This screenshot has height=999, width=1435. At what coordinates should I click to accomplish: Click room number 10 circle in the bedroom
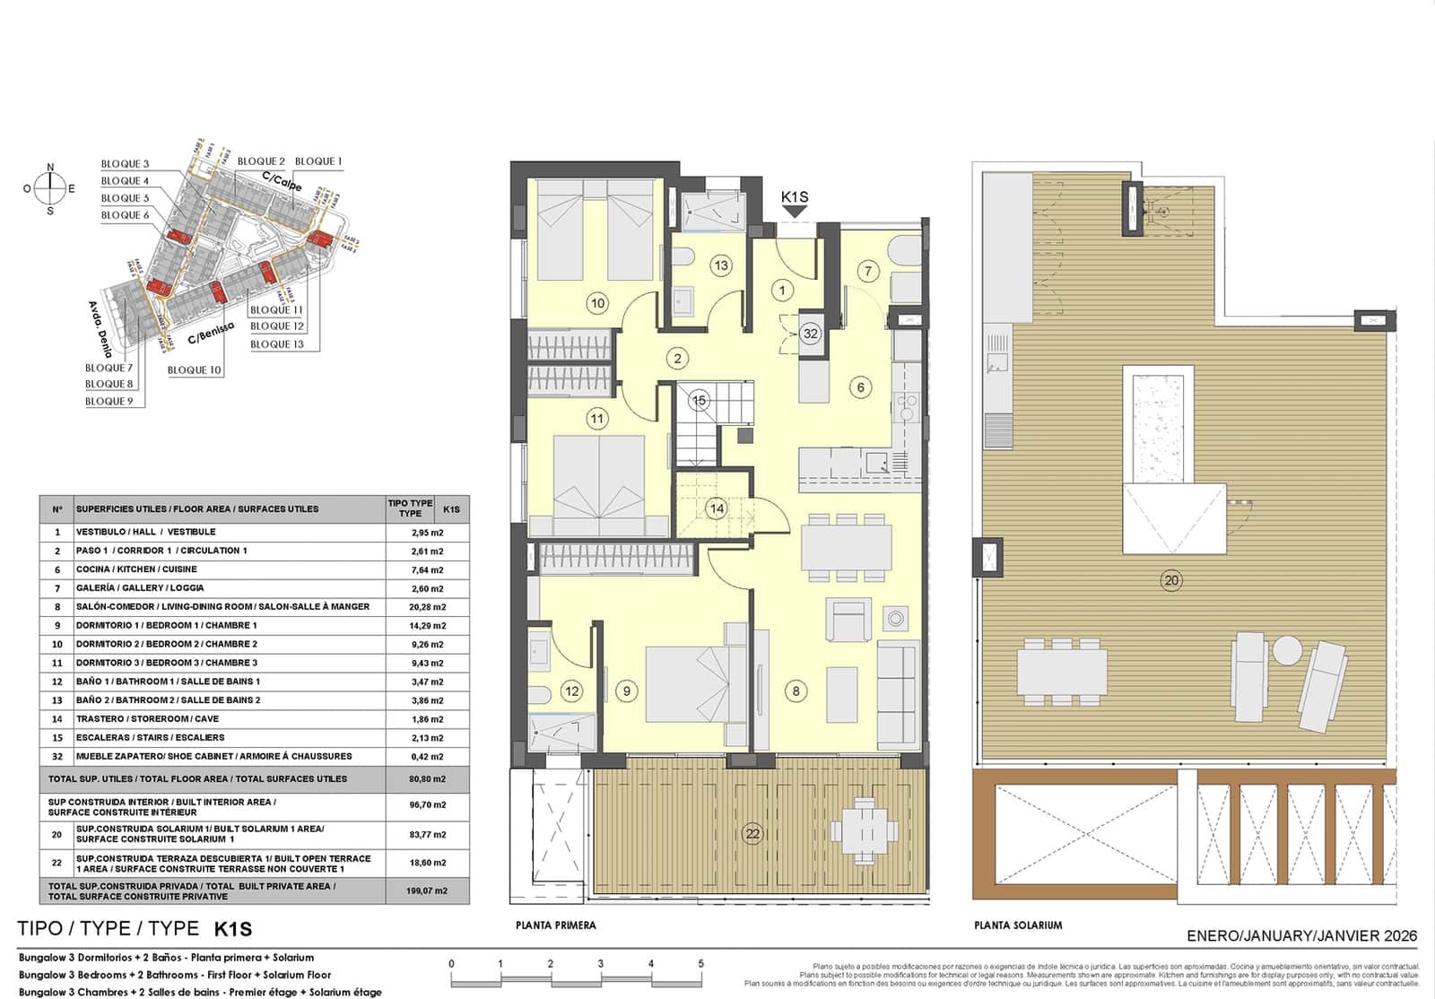click(597, 303)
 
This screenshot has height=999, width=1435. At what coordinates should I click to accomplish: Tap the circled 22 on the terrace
click(752, 833)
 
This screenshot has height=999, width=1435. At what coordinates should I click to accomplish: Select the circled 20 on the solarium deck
click(1171, 580)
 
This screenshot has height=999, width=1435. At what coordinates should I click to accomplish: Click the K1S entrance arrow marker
click(795, 211)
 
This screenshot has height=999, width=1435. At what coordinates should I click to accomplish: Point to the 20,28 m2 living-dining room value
click(427, 607)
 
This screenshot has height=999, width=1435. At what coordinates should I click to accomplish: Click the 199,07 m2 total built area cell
click(427, 890)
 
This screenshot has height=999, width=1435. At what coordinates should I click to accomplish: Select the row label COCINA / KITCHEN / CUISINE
click(136, 569)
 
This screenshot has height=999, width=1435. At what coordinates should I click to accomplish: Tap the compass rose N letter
click(50, 168)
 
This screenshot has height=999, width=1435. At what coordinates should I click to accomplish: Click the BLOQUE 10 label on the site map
click(194, 369)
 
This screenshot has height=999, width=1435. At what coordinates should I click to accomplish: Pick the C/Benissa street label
click(210, 334)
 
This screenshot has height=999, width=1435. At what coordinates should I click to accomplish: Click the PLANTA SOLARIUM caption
click(1018, 925)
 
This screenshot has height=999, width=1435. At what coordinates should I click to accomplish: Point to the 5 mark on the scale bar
click(700, 964)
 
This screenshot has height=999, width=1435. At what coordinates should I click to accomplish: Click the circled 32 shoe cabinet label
click(811, 334)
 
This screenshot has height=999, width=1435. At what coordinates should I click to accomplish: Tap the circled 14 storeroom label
click(717, 508)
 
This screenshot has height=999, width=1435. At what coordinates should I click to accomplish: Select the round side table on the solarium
click(1288, 648)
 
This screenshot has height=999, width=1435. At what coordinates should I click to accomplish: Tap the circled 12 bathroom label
click(571, 691)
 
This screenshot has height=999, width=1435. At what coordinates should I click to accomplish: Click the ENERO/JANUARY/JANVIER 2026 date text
click(1301, 935)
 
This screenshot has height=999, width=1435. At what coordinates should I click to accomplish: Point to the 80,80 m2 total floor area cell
click(427, 779)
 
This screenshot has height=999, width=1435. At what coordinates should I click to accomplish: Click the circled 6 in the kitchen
click(861, 387)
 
